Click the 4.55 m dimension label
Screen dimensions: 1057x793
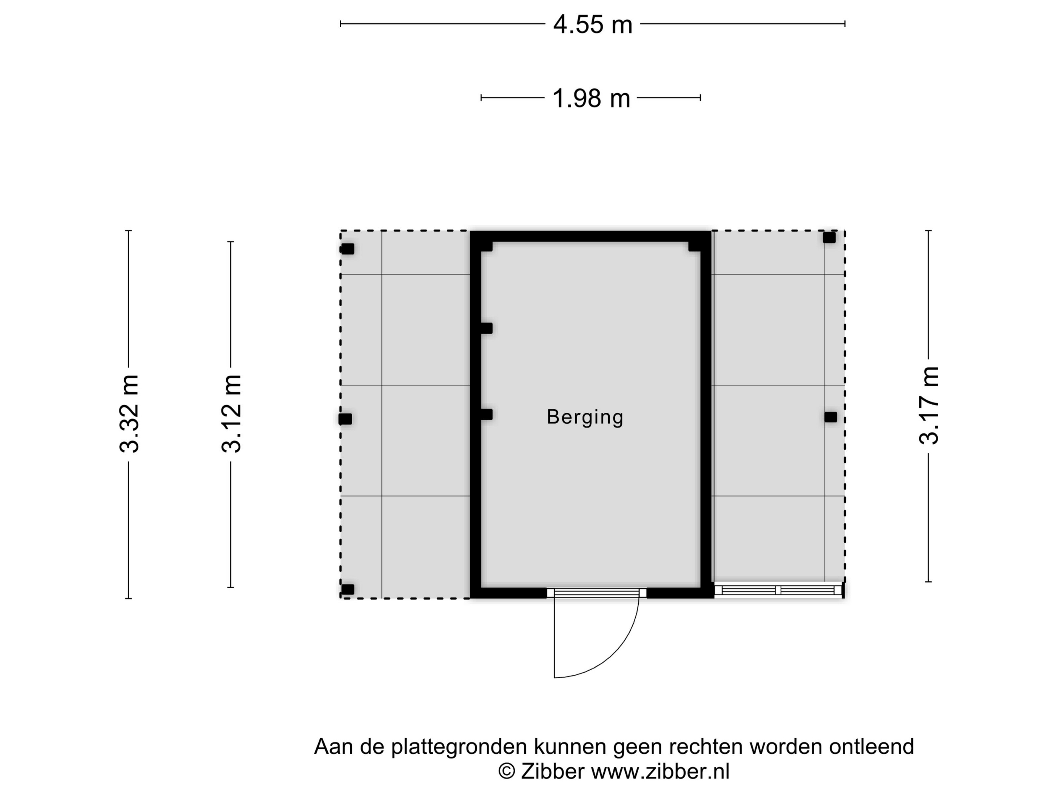click(x=593, y=25)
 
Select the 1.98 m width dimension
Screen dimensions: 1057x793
click(x=591, y=99)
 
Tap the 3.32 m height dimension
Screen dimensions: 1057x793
click(x=129, y=414)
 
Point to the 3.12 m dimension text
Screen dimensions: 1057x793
click(x=231, y=414)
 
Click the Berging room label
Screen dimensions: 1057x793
click(x=585, y=417)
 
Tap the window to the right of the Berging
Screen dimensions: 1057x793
click(x=778, y=590)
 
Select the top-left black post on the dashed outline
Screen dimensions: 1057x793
click(x=347, y=249)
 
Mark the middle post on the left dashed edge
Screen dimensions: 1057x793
click(x=345, y=419)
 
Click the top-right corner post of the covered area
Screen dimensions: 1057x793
click(x=829, y=238)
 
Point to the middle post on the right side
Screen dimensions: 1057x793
click(x=831, y=417)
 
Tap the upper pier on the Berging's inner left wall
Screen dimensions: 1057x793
click(x=487, y=329)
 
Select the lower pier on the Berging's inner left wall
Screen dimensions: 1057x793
click(x=487, y=414)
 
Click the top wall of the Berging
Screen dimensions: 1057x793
click(x=591, y=236)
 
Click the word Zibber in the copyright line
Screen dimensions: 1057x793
click(x=552, y=771)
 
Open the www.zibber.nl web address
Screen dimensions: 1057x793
click(x=660, y=771)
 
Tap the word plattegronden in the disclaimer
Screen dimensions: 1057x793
click(x=460, y=747)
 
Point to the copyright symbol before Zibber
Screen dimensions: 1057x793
click(x=507, y=772)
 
